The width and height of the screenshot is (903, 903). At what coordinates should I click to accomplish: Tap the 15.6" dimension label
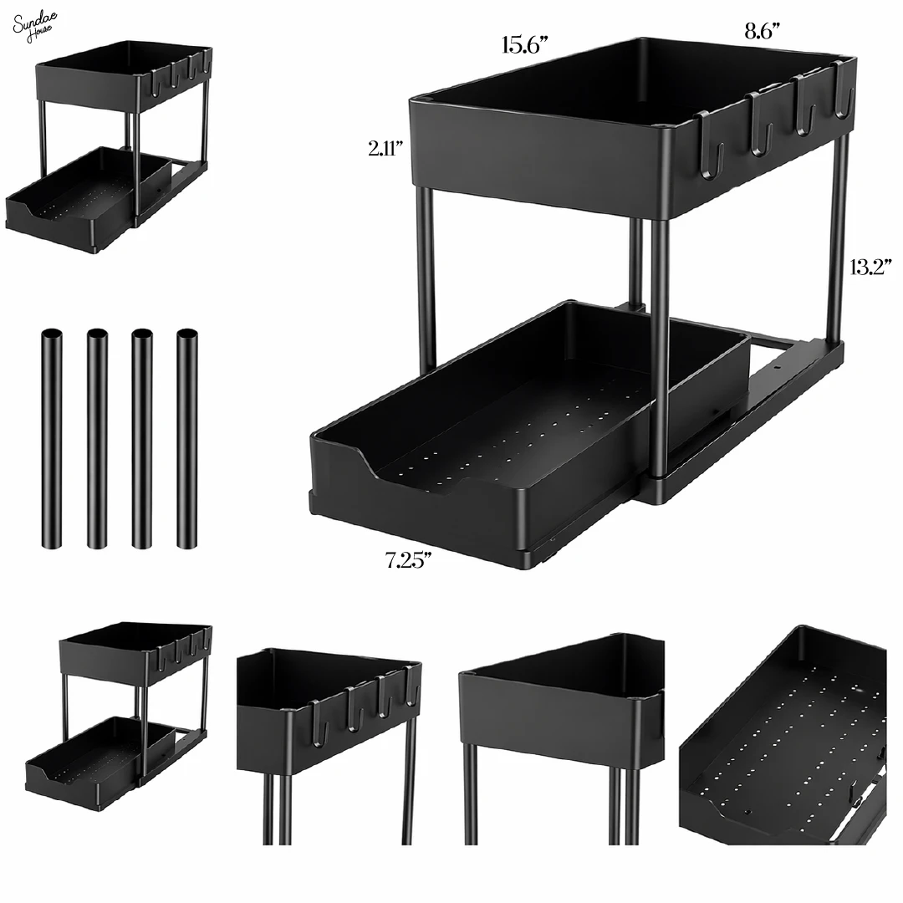coord(524,46)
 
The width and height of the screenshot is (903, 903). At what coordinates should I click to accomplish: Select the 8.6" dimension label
coord(762,32)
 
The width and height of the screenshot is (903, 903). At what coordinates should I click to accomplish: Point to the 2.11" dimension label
coord(386,149)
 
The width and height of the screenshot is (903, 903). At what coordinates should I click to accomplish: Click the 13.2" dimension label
coord(870,268)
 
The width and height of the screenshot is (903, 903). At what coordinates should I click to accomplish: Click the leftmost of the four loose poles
coord(51,439)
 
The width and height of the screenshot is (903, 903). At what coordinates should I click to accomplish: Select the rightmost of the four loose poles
coord(187,439)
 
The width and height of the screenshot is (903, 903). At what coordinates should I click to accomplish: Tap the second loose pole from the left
coord(97,439)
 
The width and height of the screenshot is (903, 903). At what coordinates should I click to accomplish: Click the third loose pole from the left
coord(142,439)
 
